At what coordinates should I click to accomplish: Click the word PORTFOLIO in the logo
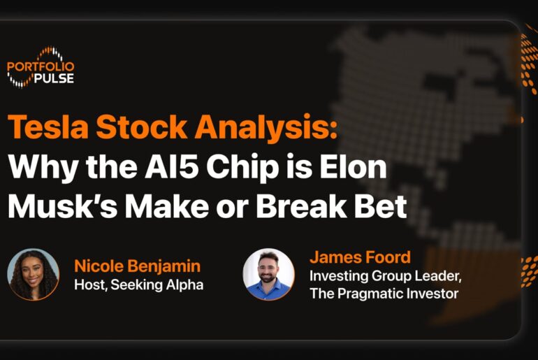[x=41, y=67]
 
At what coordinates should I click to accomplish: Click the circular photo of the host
[x=33, y=274]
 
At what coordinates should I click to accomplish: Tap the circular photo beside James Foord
[x=269, y=274]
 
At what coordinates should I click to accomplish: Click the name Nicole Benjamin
[x=137, y=266]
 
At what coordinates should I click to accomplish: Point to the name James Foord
[x=359, y=257]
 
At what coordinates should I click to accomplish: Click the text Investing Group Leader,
[x=385, y=275]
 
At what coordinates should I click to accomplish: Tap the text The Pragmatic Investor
[x=384, y=294]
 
